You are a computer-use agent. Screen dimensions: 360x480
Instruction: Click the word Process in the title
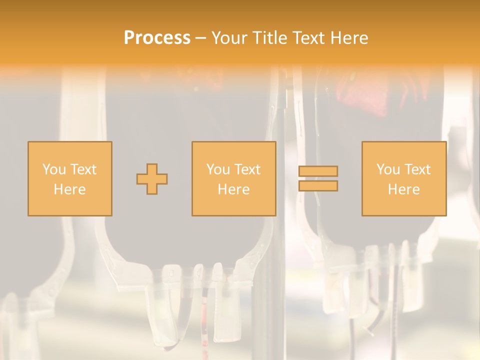pyautogui.click(x=157, y=38)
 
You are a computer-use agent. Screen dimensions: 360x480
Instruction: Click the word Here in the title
pyautogui.click(x=350, y=38)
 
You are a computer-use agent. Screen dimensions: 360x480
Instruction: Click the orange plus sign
pyautogui.click(x=152, y=179)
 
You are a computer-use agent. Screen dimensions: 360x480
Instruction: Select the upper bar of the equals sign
pyautogui.click(x=318, y=171)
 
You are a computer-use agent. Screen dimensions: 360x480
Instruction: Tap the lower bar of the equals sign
pyautogui.click(x=318, y=186)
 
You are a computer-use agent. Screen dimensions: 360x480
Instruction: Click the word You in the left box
pyautogui.click(x=54, y=169)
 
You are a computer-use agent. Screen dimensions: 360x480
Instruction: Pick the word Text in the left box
pyautogui.click(x=82, y=169)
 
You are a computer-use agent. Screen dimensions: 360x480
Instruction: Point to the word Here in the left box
pyautogui.click(x=69, y=189)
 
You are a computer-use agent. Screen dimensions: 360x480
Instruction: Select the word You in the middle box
pyautogui.click(x=218, y=169)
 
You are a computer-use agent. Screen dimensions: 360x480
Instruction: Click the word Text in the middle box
pyautogui.click(x=246, y=169)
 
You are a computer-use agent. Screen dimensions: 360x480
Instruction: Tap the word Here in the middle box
pyautogui.click(x=233, y=189)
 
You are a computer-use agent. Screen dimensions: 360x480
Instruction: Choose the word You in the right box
pyautogui.click(x=388, y=169)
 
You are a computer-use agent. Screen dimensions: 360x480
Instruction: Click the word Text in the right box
pyautogui.click(x=416, y=169)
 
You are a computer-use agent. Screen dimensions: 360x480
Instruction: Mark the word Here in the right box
pyautogui.click(x=403, y=189)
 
